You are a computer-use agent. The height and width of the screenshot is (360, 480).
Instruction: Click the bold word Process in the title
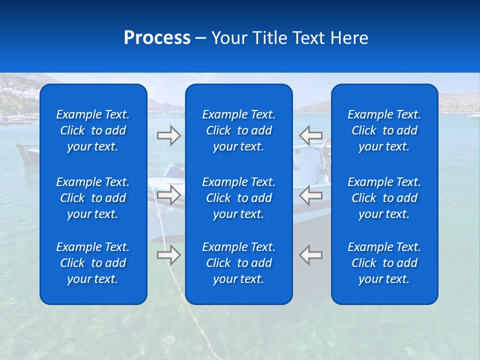157,38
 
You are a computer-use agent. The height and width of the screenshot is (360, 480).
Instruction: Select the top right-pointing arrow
168,135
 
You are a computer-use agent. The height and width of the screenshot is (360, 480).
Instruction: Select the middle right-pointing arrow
168,195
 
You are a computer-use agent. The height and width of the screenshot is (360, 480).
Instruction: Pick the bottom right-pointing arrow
168,255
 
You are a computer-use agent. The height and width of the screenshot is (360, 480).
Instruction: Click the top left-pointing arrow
311,135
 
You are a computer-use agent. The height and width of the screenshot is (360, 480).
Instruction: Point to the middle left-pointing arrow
311,195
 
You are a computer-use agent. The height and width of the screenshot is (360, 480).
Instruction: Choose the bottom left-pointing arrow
311,255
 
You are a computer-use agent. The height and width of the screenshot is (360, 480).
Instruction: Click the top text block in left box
93,130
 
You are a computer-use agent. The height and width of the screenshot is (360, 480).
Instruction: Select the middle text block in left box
93,198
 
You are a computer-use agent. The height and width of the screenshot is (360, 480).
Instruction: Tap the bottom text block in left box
93,263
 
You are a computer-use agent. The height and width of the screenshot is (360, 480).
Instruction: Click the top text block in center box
238,130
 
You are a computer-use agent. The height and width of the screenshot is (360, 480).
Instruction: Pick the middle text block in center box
238,198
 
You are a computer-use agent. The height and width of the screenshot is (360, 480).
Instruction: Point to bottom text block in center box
238,263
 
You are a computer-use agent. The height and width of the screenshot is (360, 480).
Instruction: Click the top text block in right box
384,130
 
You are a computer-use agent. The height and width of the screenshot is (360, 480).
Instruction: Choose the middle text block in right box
384,198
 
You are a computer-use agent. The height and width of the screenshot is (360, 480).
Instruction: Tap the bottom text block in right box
384,263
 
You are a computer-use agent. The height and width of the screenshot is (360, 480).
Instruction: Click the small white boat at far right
473,116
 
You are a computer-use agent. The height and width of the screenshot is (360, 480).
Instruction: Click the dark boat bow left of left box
27,152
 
